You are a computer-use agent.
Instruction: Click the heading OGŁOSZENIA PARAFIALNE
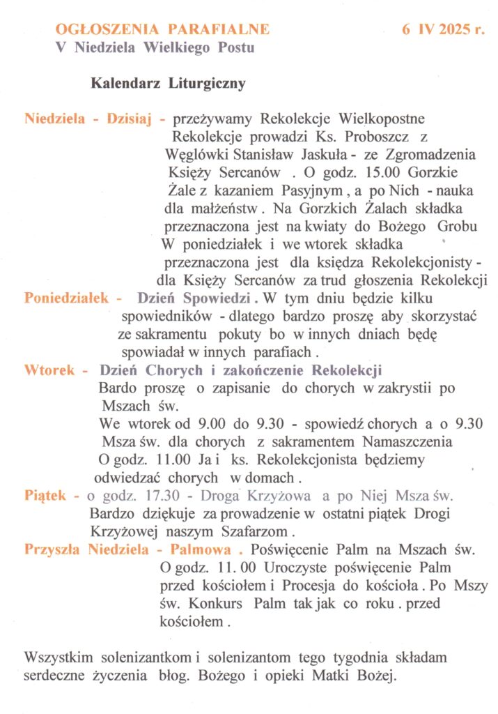[162, 29]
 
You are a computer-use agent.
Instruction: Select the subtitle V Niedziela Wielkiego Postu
[155, 48]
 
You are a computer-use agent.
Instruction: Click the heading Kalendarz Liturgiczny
[168, 84]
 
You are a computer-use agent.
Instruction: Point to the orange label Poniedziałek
[67, 298]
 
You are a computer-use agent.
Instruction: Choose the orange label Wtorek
[49, 370]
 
